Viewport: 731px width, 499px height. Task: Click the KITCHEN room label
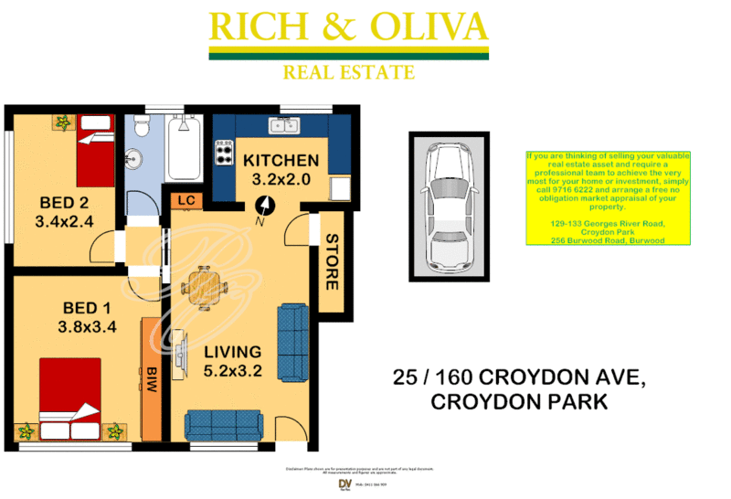[x=281, y=161]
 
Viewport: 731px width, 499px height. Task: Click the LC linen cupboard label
[x=186, y=200]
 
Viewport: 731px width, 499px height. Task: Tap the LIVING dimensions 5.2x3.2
[x=232, y=371]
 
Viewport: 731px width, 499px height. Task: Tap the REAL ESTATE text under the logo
[x=348, y=72]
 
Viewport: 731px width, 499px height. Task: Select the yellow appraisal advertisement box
[x=608, y=198]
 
